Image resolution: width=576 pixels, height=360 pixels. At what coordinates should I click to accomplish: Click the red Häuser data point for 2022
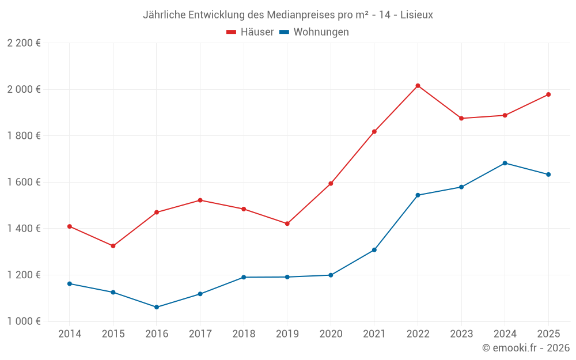(418, 86)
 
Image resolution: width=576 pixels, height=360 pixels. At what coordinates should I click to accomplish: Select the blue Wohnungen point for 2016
(157, 307)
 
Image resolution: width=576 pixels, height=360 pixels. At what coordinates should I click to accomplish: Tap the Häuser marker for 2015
(113, 246)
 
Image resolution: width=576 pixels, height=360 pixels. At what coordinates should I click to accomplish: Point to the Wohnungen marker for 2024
(505, 163)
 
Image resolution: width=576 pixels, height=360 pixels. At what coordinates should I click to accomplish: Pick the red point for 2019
(287, 223)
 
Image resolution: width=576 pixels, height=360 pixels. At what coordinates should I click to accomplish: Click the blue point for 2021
(374, 250)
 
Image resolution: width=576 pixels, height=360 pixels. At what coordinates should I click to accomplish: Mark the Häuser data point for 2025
(548, 94)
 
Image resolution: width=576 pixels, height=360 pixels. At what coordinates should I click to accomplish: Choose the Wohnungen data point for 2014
(70, 283)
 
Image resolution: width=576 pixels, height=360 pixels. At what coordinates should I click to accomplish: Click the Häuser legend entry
(250, 32)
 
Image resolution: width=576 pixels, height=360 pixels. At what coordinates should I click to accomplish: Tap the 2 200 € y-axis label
(24, 43)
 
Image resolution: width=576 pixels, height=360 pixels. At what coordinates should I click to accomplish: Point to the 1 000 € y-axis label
(24, 321)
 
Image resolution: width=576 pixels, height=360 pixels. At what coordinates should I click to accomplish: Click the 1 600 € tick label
(24, 182)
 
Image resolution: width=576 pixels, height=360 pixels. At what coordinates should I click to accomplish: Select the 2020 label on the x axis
(331, 334)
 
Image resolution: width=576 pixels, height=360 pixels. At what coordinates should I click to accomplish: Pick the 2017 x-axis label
(200, 334)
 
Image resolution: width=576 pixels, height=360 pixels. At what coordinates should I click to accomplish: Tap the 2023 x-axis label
(461, 334)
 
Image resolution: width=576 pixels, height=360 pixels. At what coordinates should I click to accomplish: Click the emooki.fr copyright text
(526, 348)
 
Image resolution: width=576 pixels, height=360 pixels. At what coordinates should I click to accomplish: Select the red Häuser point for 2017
(200, 200)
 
